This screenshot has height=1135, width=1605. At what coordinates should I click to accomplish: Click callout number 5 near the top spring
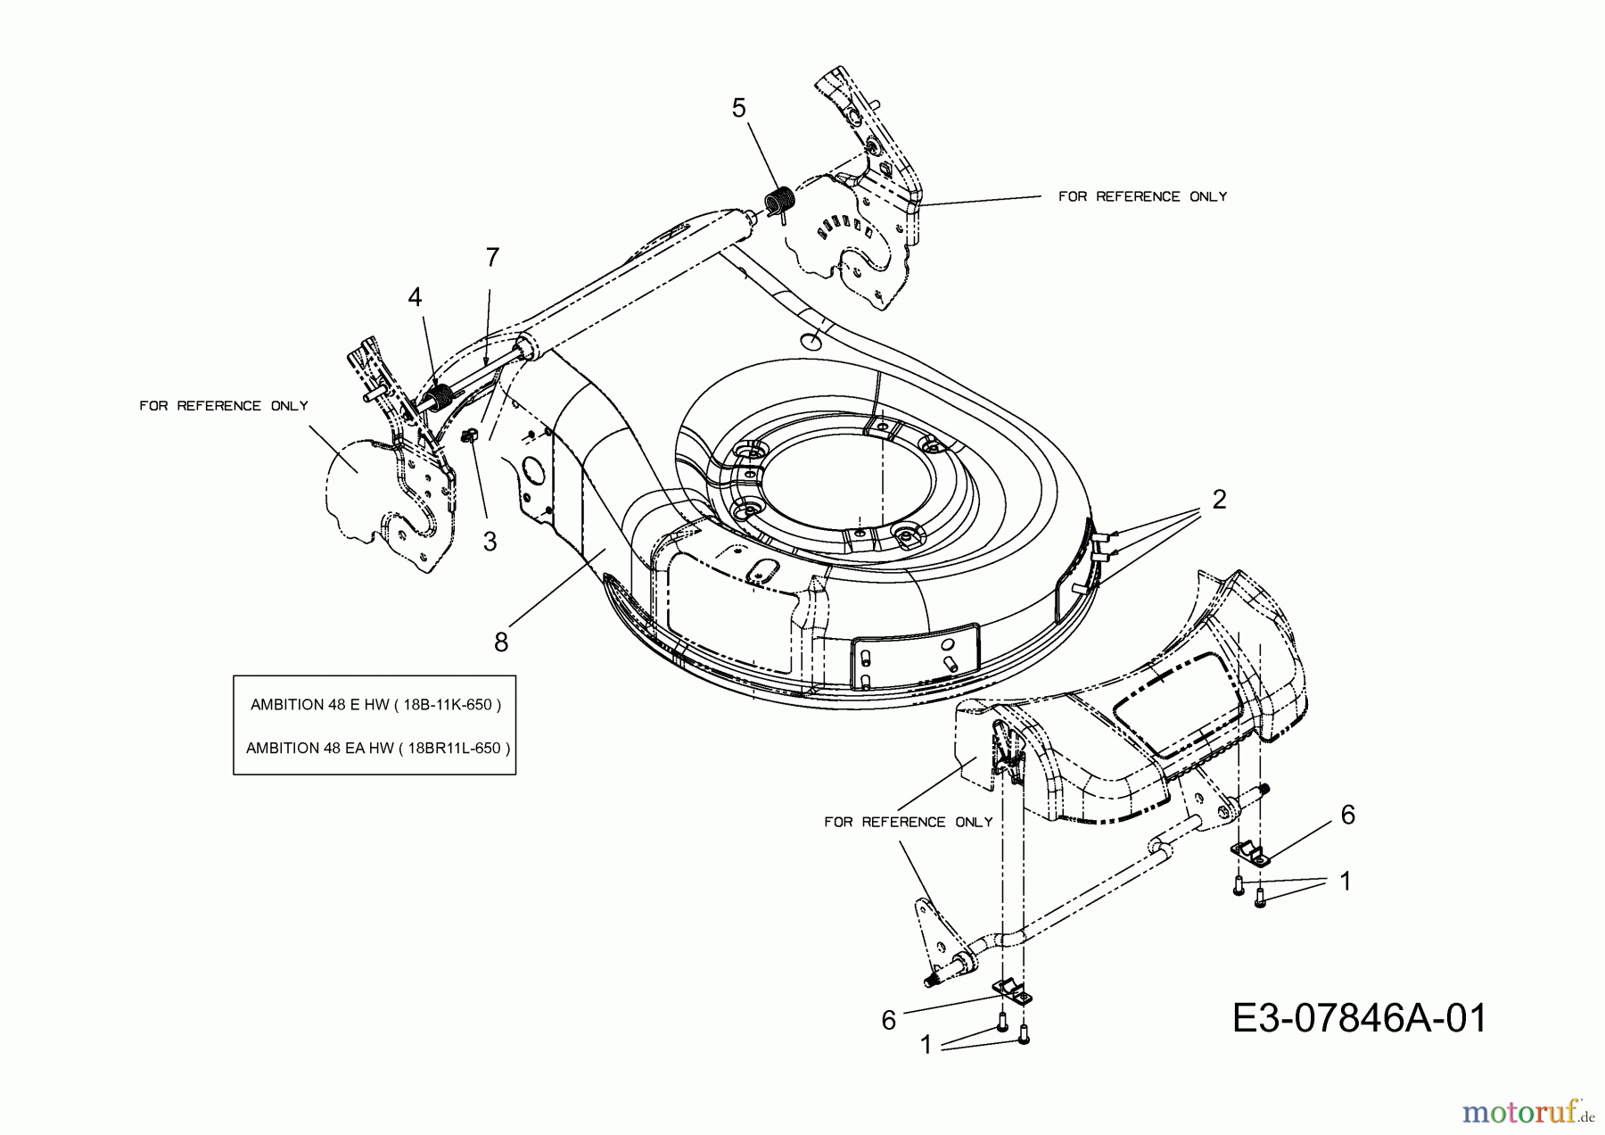point(738,108)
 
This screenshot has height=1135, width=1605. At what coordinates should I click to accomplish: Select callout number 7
point(492,257)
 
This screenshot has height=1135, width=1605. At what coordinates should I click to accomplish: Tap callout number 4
point(415,297)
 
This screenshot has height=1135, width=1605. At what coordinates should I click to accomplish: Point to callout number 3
point(490,541)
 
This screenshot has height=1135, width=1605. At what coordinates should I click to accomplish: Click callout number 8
point(501,642)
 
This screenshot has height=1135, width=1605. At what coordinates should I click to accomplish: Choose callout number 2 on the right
point(1219,500)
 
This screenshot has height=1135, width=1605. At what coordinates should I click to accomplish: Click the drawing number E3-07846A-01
point(1359,1018)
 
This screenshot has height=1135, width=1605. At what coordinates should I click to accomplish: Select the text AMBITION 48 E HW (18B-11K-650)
point(375,704)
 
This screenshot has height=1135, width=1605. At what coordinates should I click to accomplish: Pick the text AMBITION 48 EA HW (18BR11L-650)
point(378,748)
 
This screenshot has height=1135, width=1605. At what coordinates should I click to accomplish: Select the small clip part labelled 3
point(469,435)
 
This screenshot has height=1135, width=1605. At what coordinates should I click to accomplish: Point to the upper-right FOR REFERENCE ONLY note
point(1142,196)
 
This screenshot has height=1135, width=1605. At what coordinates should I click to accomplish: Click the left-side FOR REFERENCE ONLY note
point(224,406)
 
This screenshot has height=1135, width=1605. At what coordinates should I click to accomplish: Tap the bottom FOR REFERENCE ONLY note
point(908,822)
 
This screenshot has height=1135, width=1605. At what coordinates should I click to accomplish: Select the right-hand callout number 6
point(1347,815)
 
